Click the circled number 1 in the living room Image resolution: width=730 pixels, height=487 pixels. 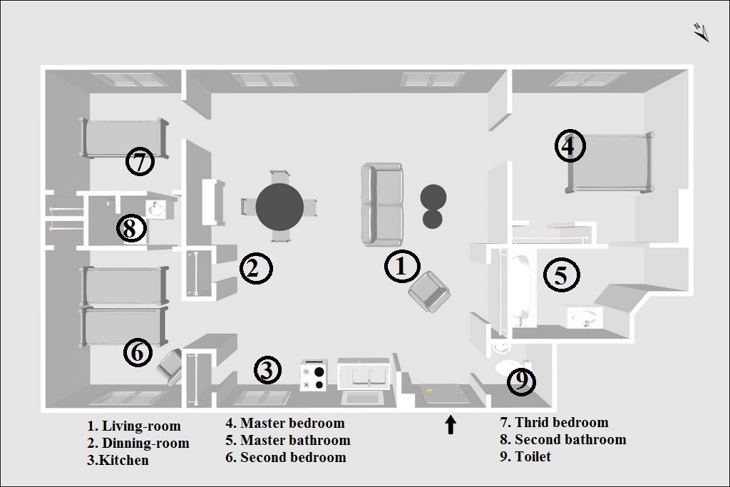(402, 266)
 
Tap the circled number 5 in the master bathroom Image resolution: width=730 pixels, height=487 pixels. (562, 275)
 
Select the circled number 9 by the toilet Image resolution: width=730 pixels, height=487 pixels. (521, 381)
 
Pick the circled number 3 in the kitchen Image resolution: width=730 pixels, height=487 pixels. (267, 370)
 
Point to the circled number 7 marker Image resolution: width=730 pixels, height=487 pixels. (140, 162)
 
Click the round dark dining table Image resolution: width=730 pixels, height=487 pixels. (279, 206)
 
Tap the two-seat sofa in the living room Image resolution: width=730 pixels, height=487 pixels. (382, 205)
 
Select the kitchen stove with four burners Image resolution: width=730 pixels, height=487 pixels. (314, 375)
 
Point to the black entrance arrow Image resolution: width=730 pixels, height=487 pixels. (451, 425)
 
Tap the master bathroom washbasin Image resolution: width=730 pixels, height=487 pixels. (585, 318)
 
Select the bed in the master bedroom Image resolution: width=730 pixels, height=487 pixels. (609, 163)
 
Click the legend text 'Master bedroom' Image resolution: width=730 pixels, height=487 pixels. (292, 424)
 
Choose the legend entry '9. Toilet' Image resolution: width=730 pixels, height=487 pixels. (525, 456)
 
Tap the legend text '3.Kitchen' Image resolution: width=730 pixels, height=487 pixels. (118, 460)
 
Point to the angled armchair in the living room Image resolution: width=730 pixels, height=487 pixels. (428, 292)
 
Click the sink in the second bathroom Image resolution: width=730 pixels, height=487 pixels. (155, 209)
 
